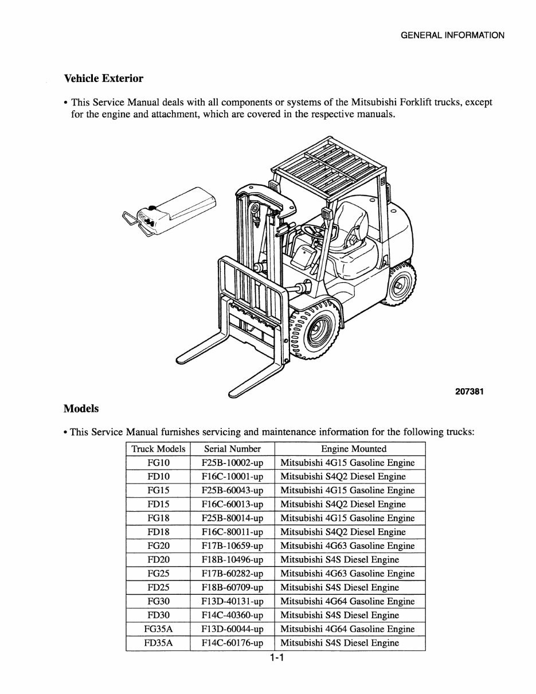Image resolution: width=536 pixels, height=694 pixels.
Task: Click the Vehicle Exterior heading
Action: (x=103, y=78)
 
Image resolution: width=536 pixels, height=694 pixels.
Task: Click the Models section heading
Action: (x=81, y=409)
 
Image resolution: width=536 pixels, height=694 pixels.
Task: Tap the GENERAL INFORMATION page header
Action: (x=452, y=35)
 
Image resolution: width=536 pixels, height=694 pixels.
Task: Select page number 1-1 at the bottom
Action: (x=277, y=658)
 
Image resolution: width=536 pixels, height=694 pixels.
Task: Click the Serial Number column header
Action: (x=232, y=449)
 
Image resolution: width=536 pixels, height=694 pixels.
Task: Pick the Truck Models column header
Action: (x=158, y=449)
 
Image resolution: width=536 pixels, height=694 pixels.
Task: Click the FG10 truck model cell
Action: (x=158, y=463)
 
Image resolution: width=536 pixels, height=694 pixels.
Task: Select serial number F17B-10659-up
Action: (x=232, y=546)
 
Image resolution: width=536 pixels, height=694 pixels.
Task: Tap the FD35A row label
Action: (x=158, y=643)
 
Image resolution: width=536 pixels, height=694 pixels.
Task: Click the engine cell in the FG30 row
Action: (x=347, y=601)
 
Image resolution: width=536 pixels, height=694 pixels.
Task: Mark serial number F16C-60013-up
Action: (x=232, y=504)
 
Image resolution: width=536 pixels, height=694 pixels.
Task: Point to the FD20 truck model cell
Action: (x=158, y=560)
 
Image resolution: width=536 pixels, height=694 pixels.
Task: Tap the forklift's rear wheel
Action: (x=400, y=284)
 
